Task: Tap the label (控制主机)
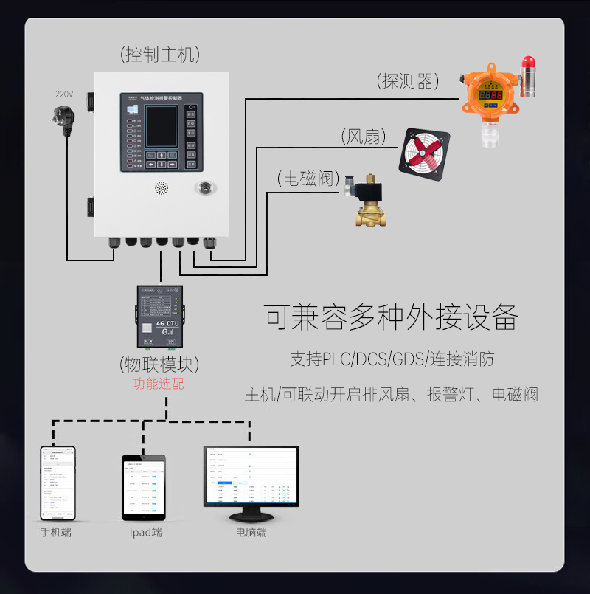(160, 54)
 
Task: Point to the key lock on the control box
(204, 187)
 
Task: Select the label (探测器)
(407, 80)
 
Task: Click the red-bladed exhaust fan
(424, 154)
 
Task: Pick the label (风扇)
(364, 137)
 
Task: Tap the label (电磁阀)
(308, 178)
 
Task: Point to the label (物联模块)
(159, 364)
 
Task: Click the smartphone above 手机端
(58, 483)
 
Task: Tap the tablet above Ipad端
(144, 487)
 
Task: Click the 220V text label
(64, 94)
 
